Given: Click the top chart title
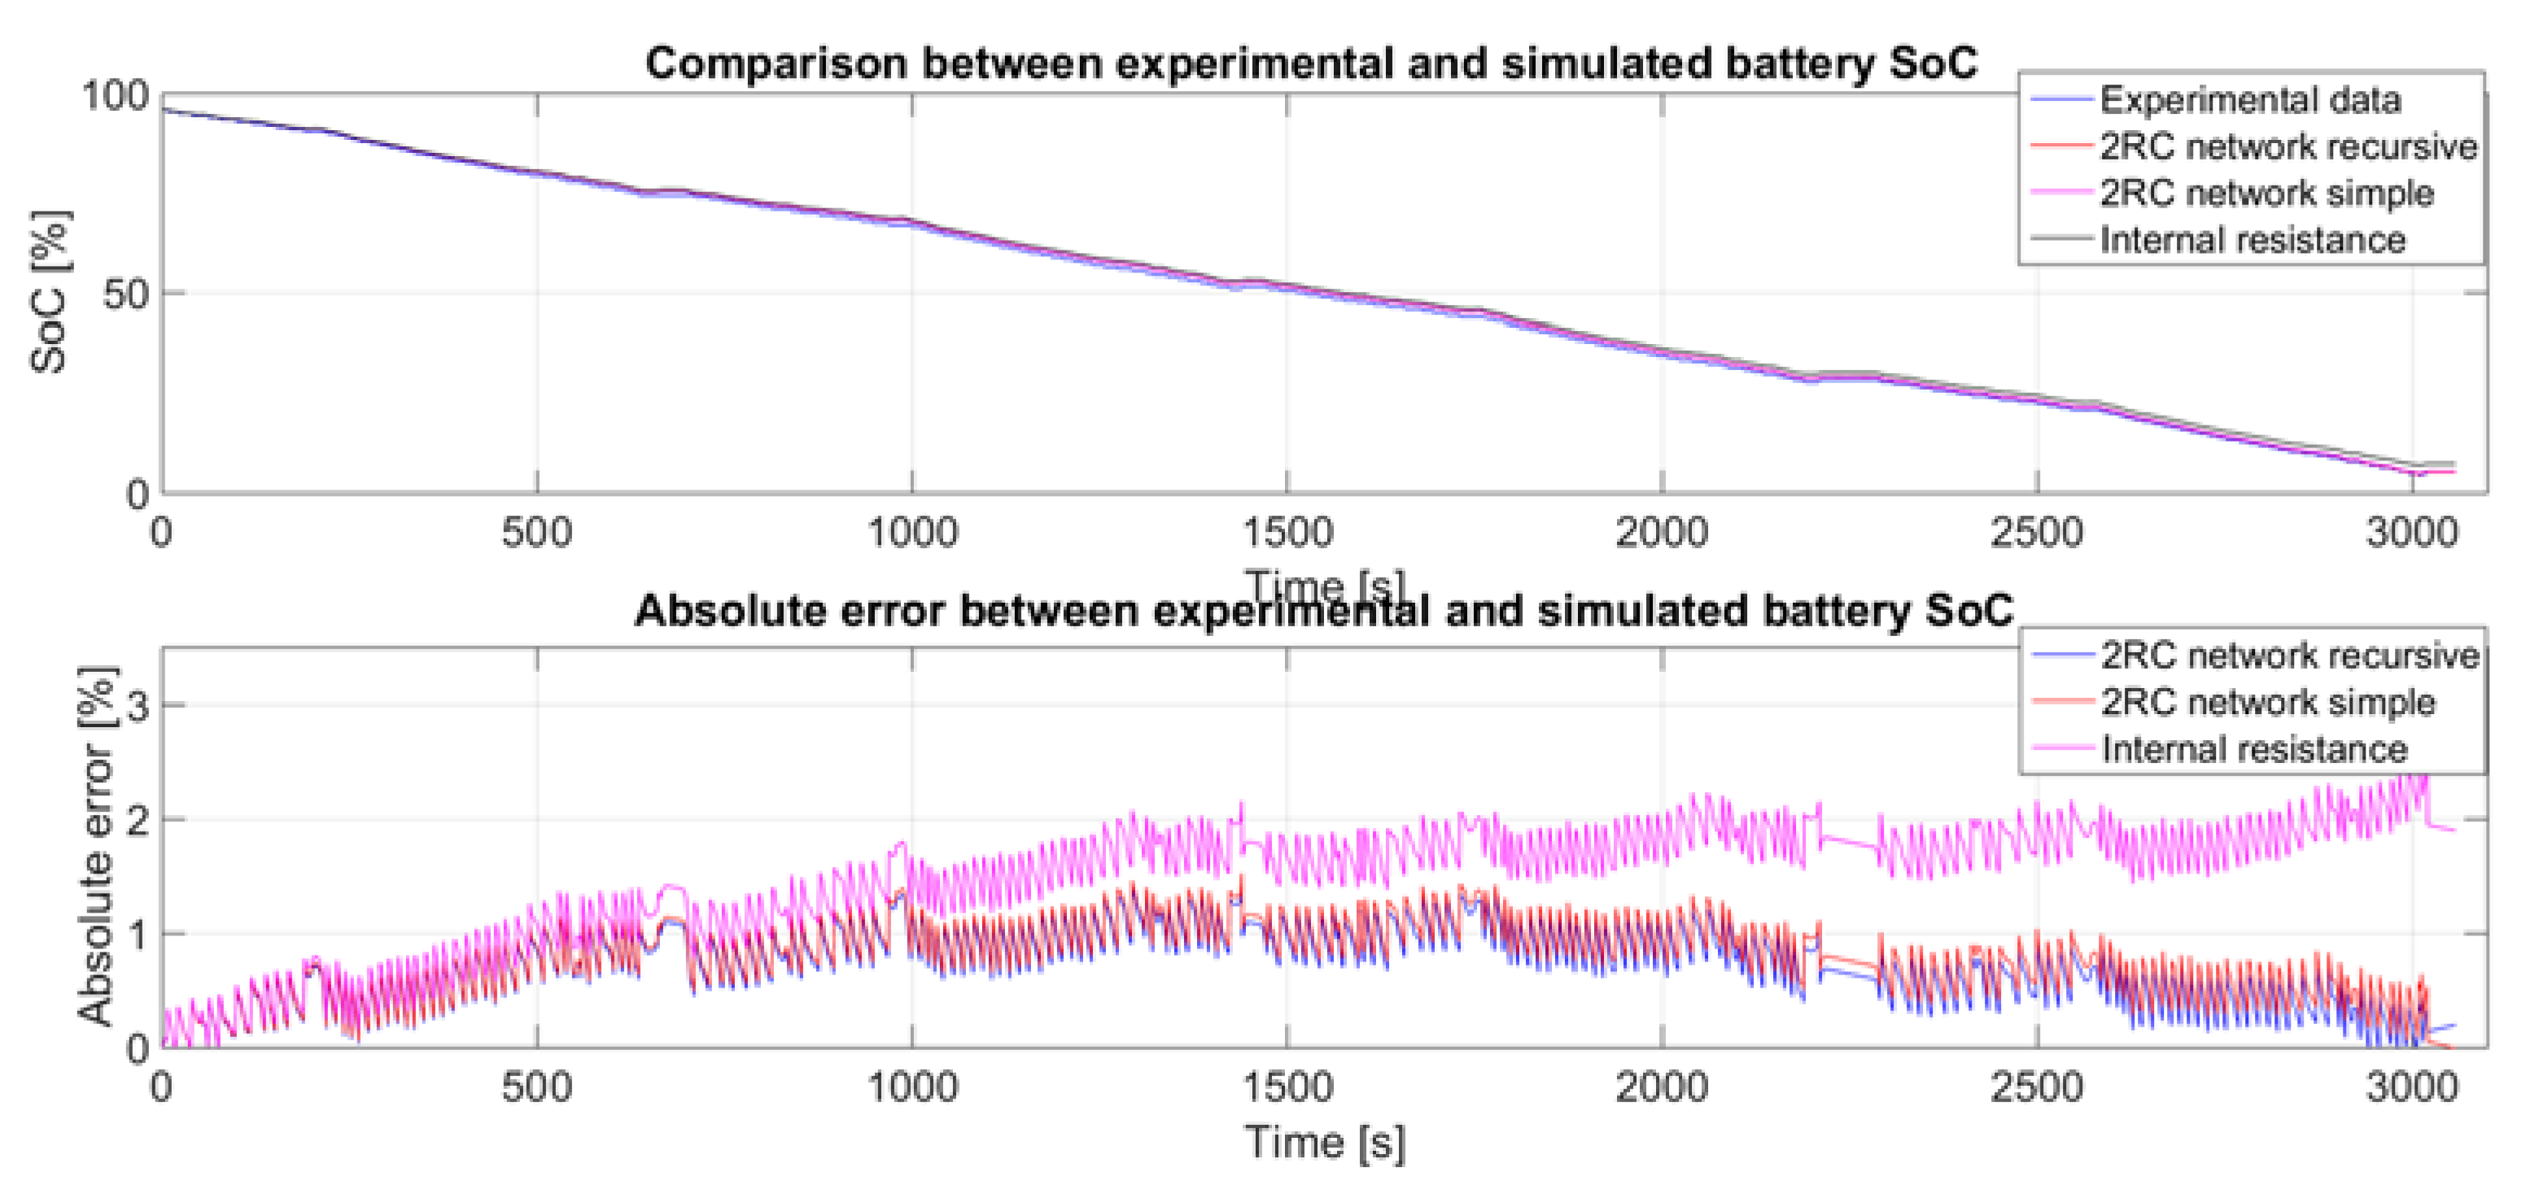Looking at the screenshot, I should pos(1311,63).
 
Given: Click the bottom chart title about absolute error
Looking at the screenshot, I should pos(1322,611).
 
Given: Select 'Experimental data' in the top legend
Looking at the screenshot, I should pos(2249,99).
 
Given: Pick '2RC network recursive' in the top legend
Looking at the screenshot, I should pos(2287,146).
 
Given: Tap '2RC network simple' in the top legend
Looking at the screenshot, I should pos(2265,193).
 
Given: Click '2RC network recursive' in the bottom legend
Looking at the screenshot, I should pos(2288,655).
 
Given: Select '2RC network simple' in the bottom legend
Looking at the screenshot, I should pos(2267,703).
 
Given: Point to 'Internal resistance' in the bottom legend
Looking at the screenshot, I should pos(2253,749).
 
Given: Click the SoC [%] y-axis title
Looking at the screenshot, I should pos(50,292).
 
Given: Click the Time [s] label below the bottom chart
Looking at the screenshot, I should pos(1324,1142).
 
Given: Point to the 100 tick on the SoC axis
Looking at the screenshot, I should pos(114,97).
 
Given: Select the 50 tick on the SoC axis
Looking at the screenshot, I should pos(125,294).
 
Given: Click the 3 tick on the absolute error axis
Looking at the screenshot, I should pos(138,705).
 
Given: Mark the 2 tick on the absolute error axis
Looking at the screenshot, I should pos(138,820).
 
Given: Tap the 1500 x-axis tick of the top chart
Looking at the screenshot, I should pos(1287,533).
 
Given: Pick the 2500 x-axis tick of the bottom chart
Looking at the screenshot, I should pos(2036,1087).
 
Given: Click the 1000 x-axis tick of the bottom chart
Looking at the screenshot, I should pos(911,1087).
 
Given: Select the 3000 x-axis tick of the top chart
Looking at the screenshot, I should pos(2411,533).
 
